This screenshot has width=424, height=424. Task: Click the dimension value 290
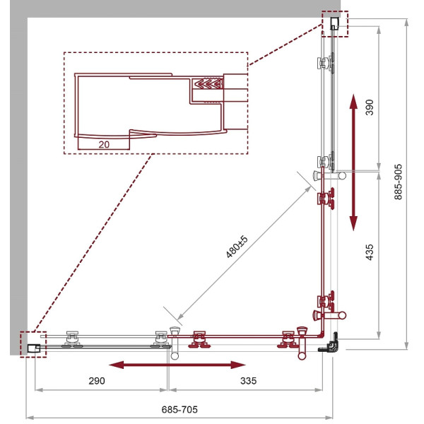coord(97,381)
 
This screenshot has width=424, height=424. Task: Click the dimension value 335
coord(248,381)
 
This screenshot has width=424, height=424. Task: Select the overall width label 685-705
coord(179,409)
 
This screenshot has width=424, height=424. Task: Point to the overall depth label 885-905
coord(398,182)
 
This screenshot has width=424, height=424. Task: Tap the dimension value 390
coord(370,107)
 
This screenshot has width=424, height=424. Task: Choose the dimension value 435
coord(370,252)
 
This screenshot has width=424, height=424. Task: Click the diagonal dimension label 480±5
coord(237,247)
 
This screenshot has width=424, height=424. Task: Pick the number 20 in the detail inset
coord(104,145)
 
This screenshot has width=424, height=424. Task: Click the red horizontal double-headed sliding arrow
coord(177,365)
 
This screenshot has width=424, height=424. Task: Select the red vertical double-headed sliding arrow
coord(353,163)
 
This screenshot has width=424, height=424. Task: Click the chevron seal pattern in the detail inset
coord(208,84)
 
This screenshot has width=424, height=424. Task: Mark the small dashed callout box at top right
coord(335,24)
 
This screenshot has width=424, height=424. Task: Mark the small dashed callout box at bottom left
coord(33,345)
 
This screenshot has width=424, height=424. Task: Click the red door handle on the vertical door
coord(329,315)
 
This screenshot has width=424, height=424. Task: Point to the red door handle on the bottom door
coord(302,343)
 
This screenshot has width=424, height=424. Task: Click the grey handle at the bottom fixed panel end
coord(175,343)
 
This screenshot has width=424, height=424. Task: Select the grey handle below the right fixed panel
coord(329,176)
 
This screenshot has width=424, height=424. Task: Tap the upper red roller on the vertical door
coord(326,198)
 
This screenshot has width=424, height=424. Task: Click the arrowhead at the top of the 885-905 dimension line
coord(406,22)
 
